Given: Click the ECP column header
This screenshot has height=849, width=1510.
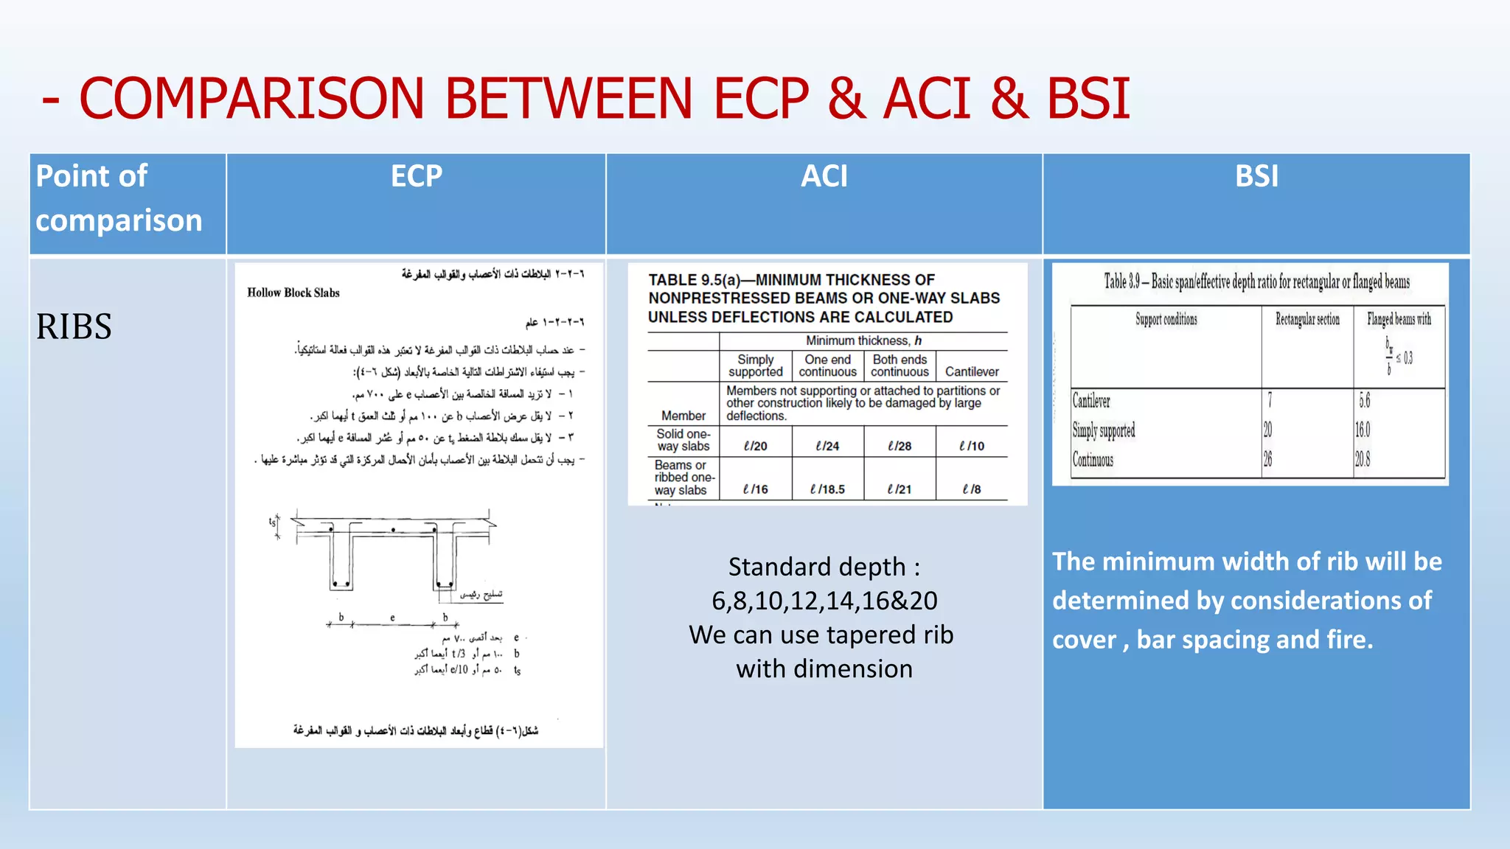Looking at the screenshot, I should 417,176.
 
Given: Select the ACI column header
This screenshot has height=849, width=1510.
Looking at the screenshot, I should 824,176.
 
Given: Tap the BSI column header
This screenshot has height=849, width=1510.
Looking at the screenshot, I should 1256,176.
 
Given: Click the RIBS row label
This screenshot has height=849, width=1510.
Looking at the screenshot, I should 74,326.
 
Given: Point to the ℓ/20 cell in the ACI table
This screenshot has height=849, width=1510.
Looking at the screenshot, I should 756,446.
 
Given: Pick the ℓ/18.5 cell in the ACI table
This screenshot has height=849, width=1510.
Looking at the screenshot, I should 827,489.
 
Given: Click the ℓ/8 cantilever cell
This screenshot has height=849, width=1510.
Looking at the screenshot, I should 972,489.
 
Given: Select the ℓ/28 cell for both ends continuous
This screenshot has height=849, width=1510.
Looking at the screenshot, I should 900,446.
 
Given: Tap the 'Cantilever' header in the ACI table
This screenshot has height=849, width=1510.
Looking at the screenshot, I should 972,372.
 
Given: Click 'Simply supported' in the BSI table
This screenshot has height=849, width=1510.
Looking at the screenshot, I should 1104,430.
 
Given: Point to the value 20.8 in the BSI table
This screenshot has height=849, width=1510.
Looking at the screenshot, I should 1363,460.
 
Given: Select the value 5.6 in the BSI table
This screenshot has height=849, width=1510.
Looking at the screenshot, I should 1365,401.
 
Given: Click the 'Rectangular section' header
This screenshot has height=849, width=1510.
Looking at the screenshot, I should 1307,319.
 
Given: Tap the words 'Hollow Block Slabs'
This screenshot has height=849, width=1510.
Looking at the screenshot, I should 293,293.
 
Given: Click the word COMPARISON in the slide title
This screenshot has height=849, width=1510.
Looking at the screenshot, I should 251,98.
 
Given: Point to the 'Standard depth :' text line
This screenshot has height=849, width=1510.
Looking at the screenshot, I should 824,567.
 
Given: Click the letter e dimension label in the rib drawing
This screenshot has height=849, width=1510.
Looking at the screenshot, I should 392,618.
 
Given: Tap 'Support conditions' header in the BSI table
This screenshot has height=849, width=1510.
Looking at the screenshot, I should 1166,319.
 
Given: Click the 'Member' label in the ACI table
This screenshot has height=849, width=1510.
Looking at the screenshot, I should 683,416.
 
